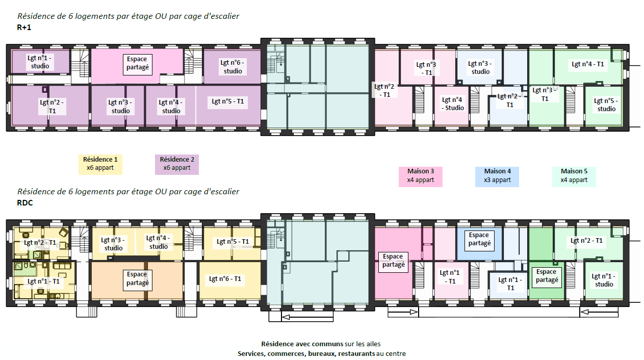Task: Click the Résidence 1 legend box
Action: point(100,165)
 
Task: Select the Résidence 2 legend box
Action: point(177,165)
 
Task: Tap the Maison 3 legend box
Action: point(420,176)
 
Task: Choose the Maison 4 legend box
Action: point(497,176)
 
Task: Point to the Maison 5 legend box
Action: point(574,176)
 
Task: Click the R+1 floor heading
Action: point(24,28)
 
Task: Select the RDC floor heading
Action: point(25,203)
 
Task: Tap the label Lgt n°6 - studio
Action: point(233,67)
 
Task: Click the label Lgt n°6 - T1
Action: point(225,278)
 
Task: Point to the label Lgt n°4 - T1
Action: point(587,64)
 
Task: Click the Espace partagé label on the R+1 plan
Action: point(138,63)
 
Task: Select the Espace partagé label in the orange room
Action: point(138,279)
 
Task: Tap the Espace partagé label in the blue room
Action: point(479,239)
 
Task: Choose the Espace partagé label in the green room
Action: point(547,276)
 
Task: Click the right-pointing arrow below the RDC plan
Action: point(403,312)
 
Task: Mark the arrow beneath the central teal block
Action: point(307,317)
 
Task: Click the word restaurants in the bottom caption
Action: point(356,353)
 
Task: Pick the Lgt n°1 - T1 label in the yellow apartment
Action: point(43,281)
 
